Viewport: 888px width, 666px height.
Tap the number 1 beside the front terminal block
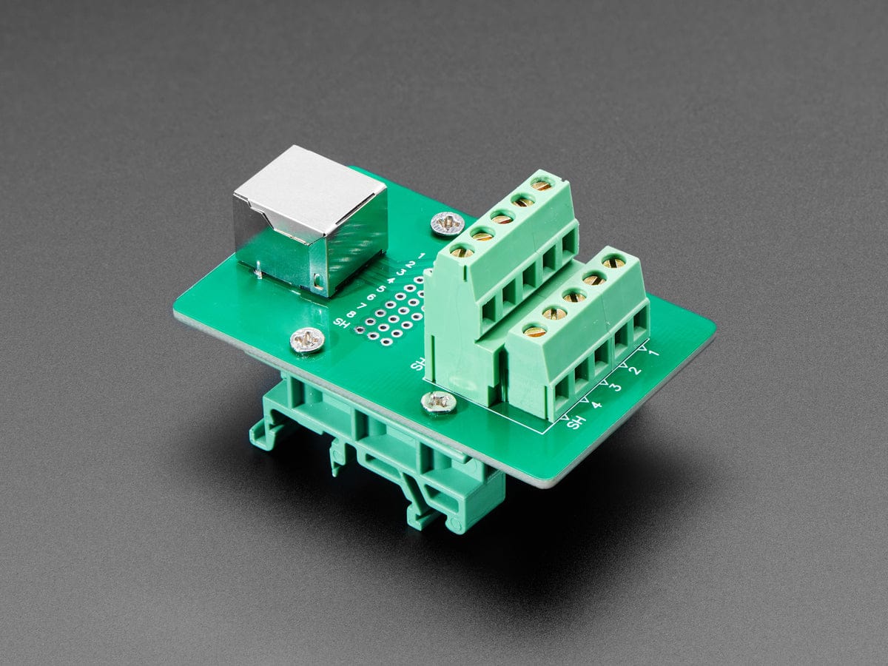click(x=653, y=354)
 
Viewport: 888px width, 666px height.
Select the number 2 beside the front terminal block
click(x=635, y=370)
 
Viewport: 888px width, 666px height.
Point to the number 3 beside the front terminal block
click(x=616, y=386)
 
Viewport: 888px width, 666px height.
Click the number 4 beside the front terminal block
click(x=596, y=404)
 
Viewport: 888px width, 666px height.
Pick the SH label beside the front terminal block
click(x=575, y=422)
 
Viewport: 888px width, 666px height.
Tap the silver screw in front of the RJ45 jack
click(x=306, y=339)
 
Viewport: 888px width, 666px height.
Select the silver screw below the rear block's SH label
click(x=439, y=402)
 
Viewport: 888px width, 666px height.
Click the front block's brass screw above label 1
click(x=613, y=261)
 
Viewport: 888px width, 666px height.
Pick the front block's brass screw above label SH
click(x=534, y=332)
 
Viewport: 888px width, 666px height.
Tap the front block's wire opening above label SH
click(x=562, y=386)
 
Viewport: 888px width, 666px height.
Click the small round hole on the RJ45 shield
click(x=318, y=280)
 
